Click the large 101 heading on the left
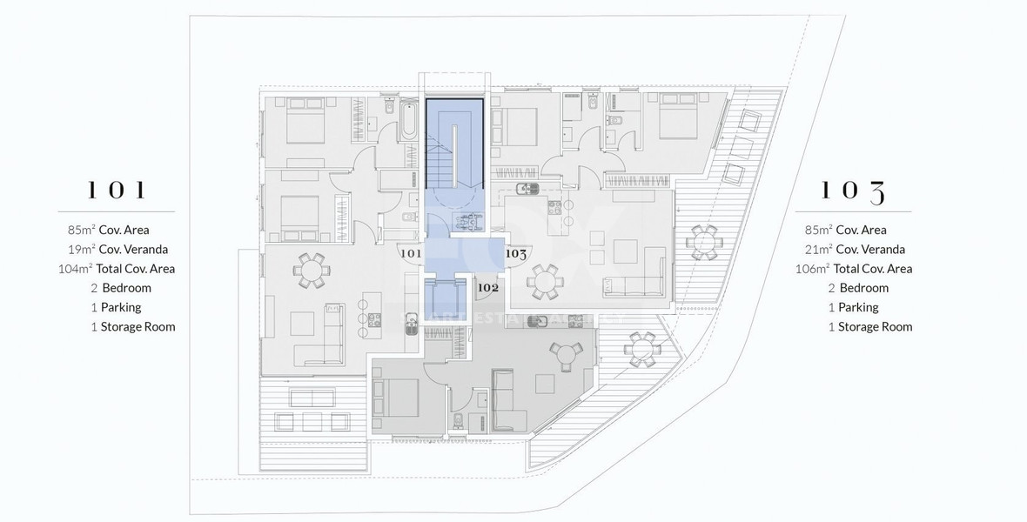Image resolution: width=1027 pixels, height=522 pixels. tap(116, 191)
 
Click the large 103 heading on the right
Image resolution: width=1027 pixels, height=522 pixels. tap(853, 191)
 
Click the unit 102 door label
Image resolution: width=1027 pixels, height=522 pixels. tap(488, 287)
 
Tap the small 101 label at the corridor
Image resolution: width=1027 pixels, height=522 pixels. tap(410, 254)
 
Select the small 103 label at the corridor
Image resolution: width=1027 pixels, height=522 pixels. tap(516, 254)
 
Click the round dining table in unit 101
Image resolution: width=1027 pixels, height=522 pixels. tap(312, 271)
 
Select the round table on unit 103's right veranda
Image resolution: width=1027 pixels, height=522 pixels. tap(703, 241)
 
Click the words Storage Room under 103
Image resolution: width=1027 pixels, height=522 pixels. tap(875, 326)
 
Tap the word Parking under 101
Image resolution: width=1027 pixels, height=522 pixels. tap(120, 307)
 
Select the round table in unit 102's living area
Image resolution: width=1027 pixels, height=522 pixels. tap(569, 357)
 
